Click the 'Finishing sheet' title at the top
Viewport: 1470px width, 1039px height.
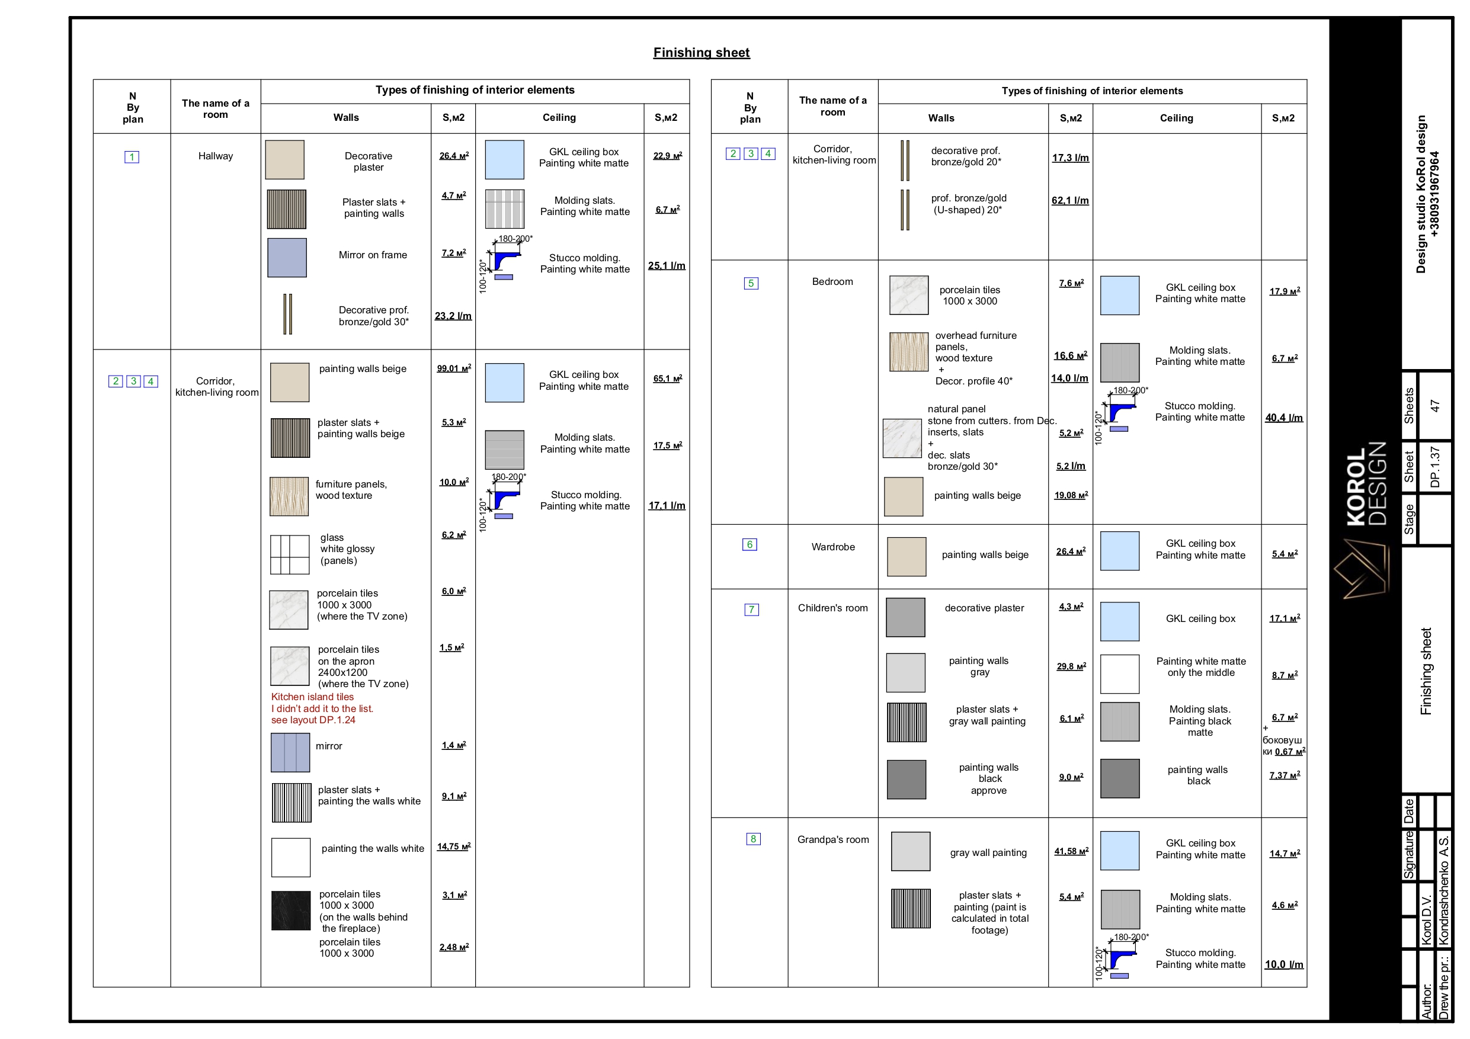[701, 53]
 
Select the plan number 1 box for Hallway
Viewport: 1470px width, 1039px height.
[132, 157]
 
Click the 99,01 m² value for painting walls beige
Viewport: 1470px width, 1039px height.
[454, 368]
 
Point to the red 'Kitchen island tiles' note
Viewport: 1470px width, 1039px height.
[312, 697]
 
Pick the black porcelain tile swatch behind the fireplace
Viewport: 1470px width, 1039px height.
[291, 910]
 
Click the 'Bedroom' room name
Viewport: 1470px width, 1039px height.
[832, 282]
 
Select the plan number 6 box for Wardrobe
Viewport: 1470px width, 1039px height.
[750, 545]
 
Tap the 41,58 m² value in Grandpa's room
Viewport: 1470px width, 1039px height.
[1071, 851]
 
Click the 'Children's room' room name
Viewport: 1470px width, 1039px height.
[833, 608]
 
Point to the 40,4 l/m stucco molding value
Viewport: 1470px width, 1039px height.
[1284, 418]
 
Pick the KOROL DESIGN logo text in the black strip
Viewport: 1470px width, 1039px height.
[1366, 484]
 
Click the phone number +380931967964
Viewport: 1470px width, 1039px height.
[1435, 194]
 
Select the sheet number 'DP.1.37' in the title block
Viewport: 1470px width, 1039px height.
[1435, 467]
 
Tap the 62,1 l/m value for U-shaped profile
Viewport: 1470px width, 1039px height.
[1070, 200]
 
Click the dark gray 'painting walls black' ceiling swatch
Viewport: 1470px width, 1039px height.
[1120, 778]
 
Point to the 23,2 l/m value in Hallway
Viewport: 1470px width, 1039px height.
[453, 316]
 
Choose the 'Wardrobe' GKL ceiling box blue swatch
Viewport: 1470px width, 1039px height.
[1120, 551]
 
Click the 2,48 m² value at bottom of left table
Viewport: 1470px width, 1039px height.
[454, 947]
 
